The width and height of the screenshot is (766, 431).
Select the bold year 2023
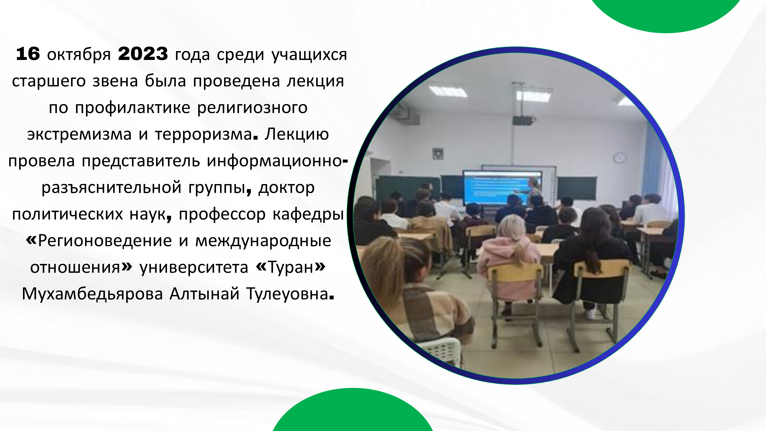[143, 54]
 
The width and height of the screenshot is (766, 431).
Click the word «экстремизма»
[79, 135]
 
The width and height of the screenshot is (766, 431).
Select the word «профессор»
[222, 215]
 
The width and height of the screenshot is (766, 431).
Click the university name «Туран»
[291, 268]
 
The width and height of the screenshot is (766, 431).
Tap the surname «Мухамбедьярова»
[92, 294]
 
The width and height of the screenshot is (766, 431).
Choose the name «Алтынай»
[205, 294]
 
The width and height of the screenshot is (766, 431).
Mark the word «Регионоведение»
[105, 241]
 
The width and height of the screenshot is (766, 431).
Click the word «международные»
[263, 241]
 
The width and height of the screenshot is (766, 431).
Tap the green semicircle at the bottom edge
[353, 412]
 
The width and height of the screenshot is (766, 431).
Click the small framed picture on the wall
[438, 154]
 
